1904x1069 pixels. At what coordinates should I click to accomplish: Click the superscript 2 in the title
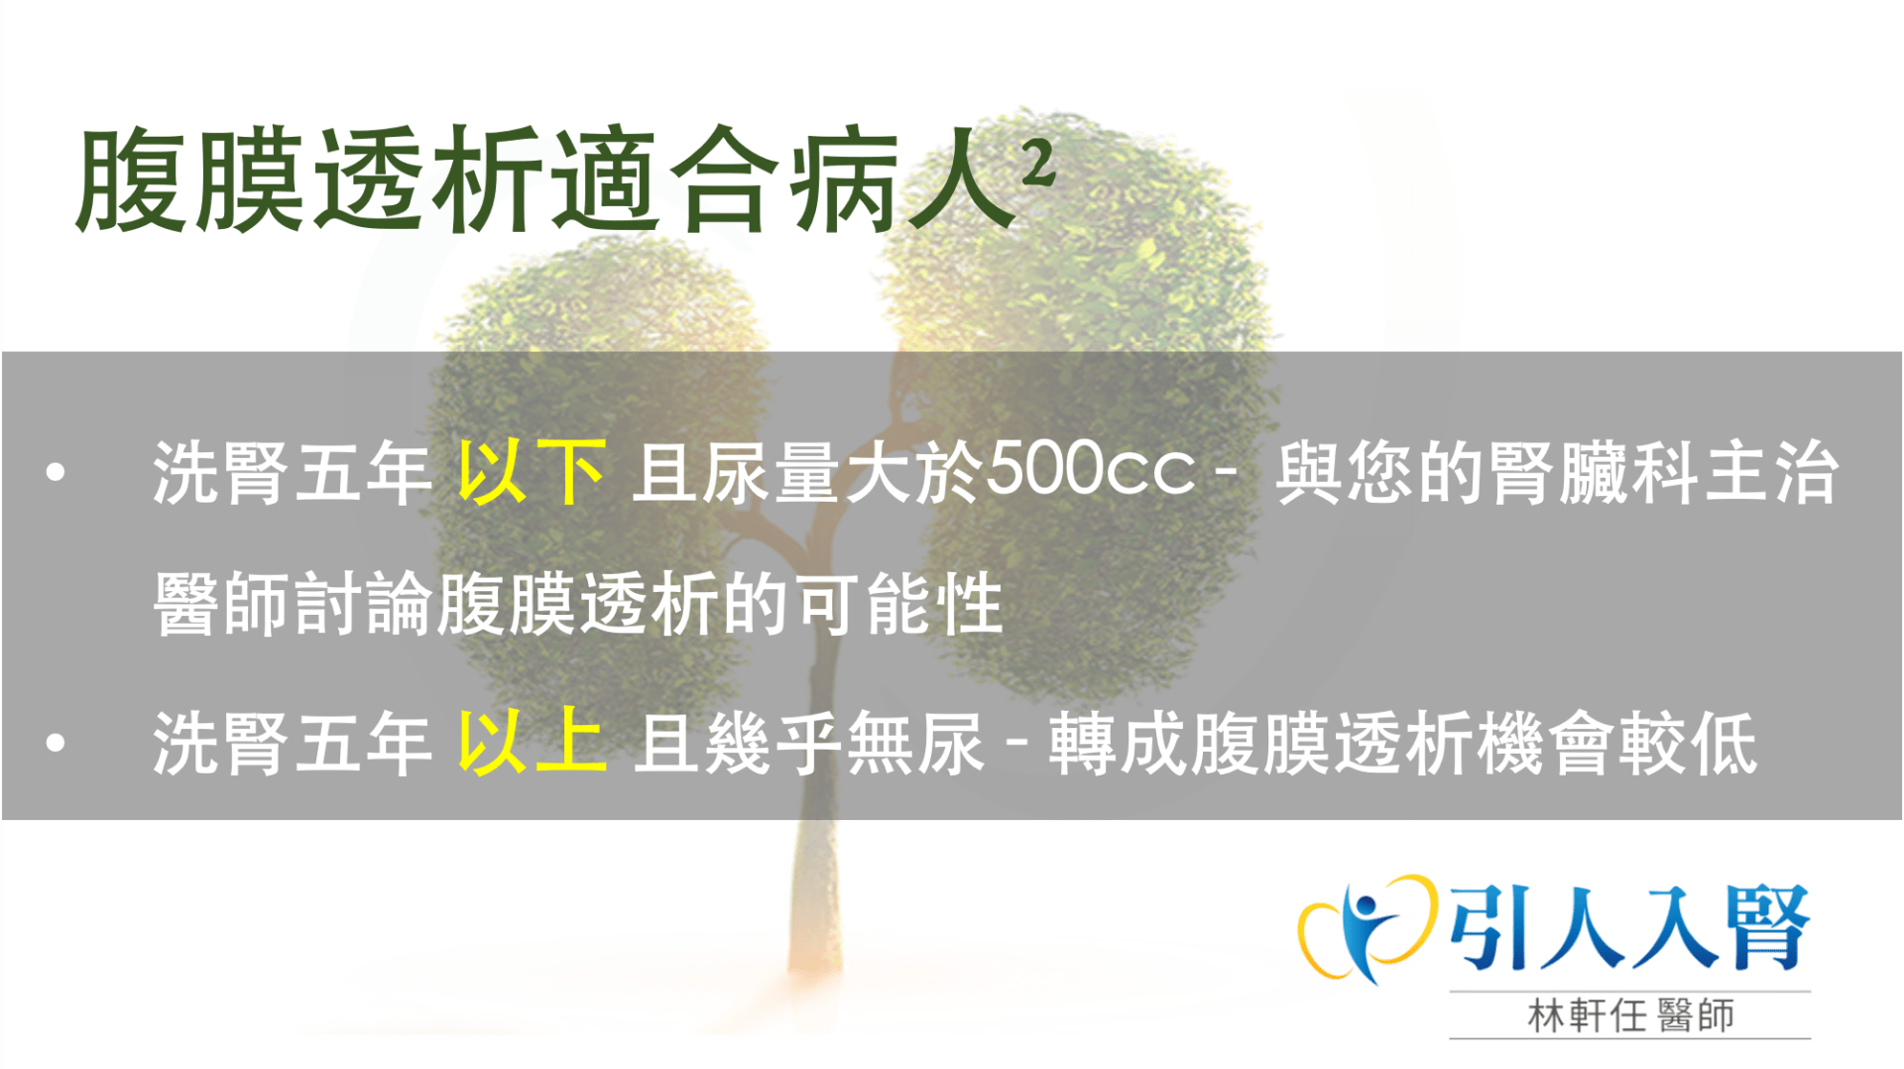click(x=1037, y=163)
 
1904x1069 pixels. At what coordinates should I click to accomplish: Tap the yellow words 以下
click(x=532, y=472)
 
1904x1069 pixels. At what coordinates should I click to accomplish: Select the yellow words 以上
click(x=532, y=742)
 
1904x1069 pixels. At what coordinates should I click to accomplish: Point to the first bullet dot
click(x=56, y=472)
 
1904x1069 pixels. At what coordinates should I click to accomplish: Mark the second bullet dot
click(x=56, y=742)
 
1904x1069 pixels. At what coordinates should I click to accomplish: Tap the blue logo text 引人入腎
click(x=1629, y=927)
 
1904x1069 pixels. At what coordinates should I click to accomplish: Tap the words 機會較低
click(x=1617, y=743)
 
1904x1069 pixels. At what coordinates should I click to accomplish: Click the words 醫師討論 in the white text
click(x=295, y=603)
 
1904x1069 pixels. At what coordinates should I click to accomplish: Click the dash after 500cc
click(x=1225, y=472)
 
